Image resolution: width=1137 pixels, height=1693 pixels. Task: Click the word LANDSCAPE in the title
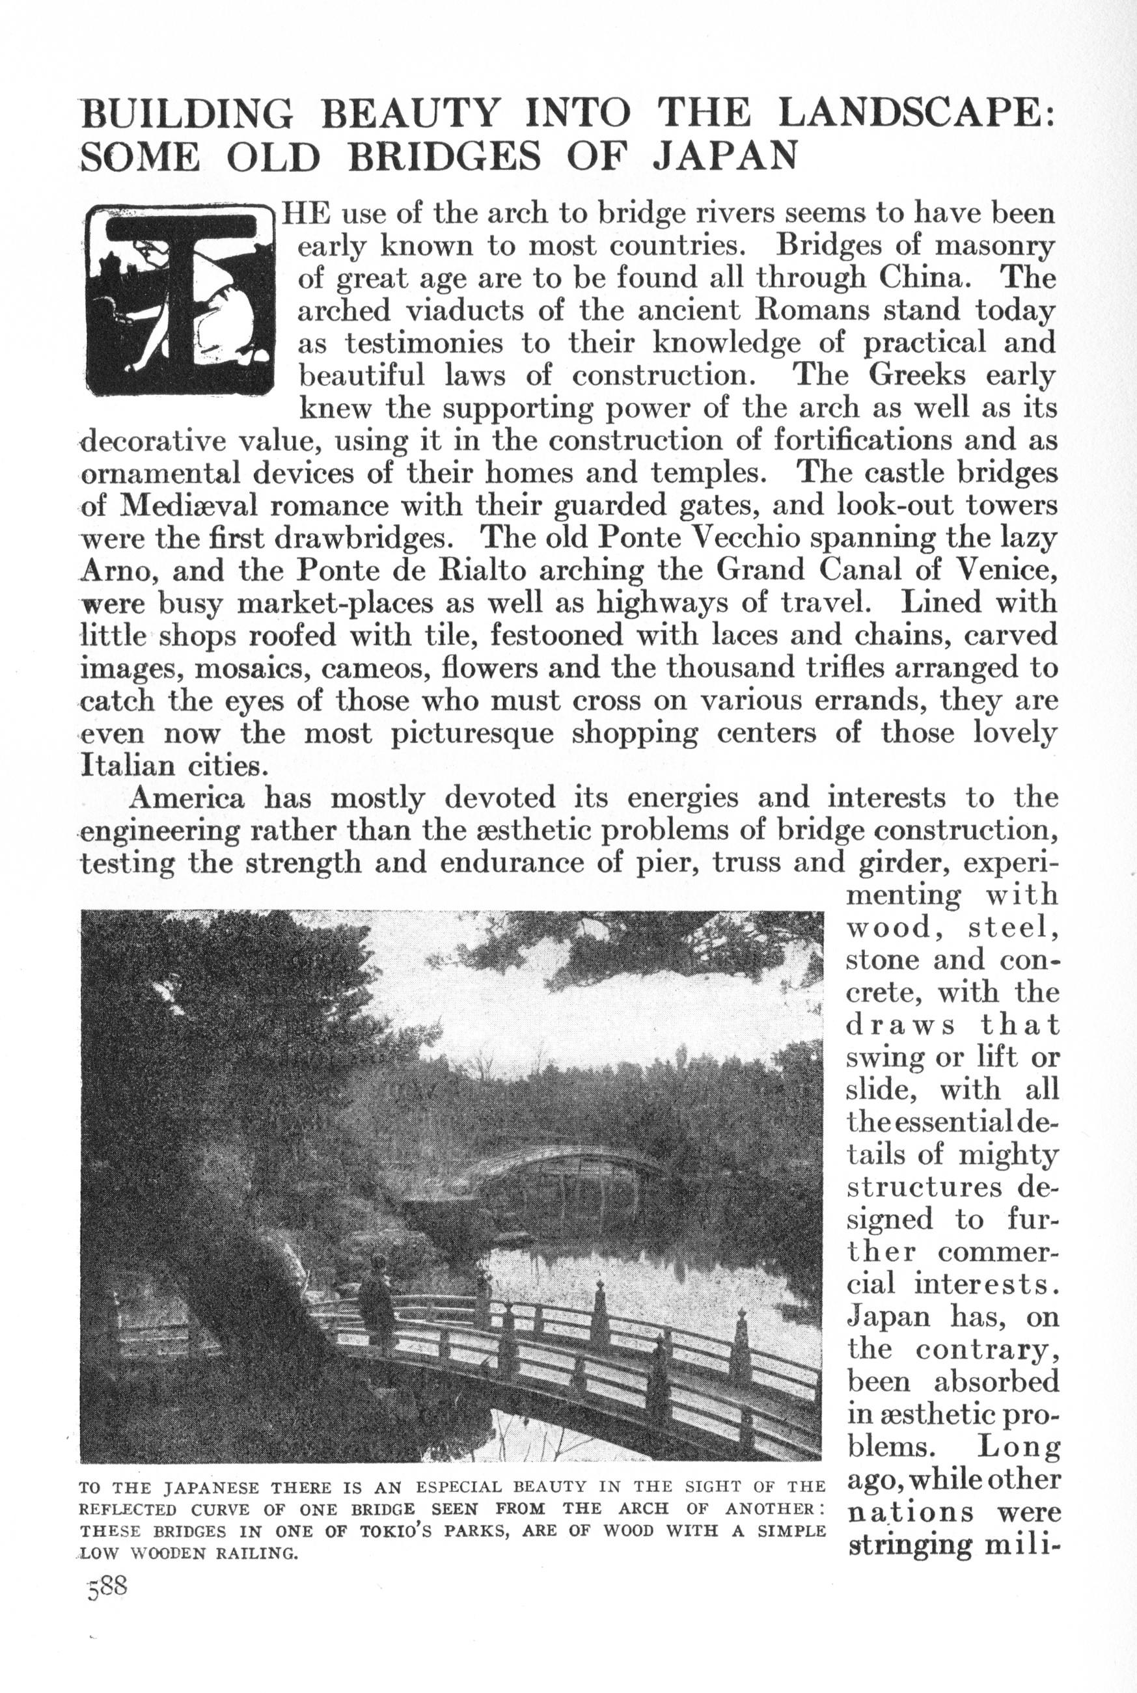pos(914,114)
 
